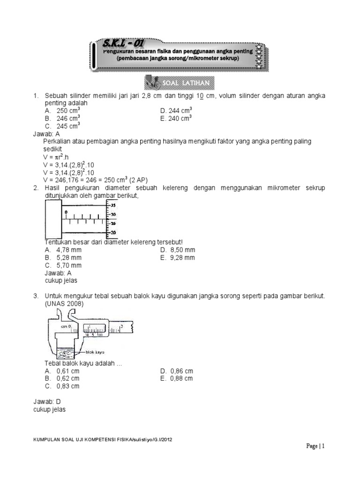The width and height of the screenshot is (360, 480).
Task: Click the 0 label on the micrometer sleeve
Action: [66, 212]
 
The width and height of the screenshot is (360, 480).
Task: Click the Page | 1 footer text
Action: [315, 446]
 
